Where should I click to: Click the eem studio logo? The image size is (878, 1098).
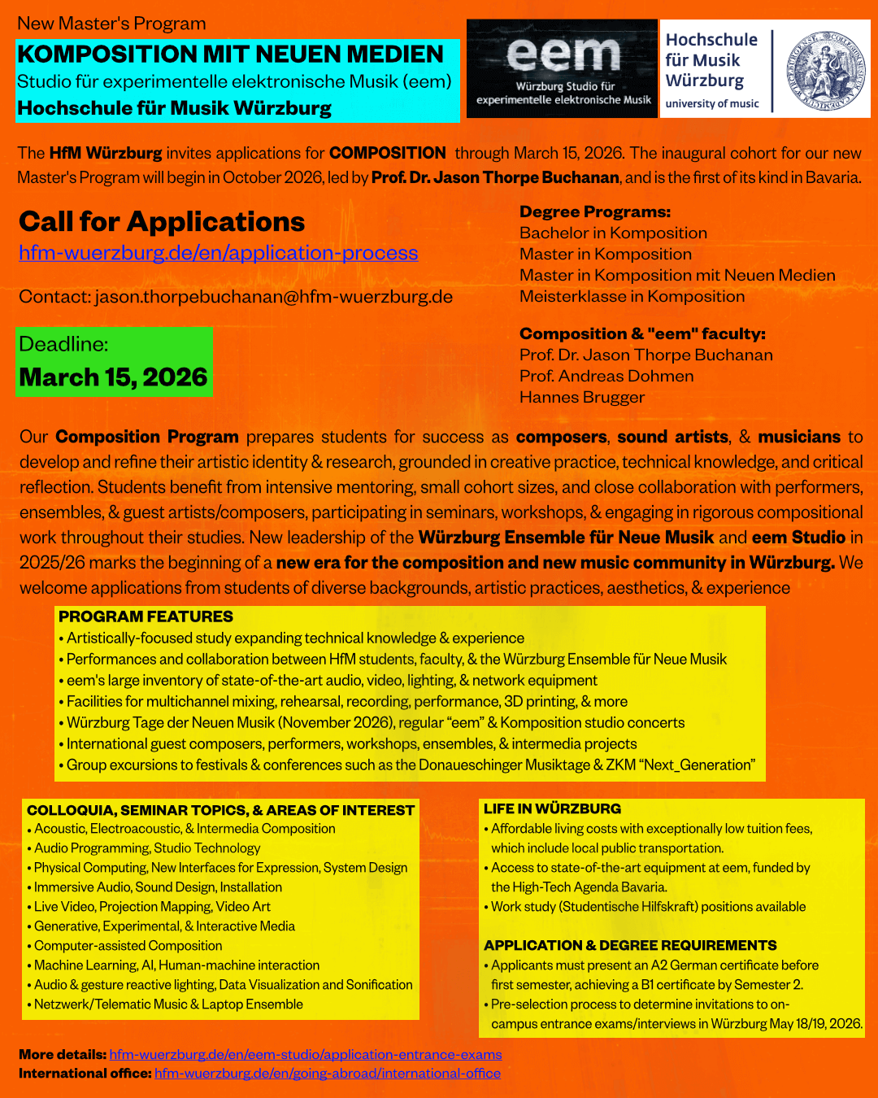[563, 69]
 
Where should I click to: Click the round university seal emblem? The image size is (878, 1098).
[823, 71]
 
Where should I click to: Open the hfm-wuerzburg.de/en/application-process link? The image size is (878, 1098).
[218, 253]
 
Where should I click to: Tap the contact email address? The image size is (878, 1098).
[273, 297]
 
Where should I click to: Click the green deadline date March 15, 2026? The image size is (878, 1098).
[114, 377]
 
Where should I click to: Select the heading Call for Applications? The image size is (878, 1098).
[162, 222]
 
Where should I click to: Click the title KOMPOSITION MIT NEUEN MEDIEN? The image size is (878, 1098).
[231, 54]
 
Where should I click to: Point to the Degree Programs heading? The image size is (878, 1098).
[595, 212]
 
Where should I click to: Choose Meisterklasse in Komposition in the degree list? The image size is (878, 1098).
[632, 297]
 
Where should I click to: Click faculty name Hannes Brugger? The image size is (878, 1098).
[582, 398]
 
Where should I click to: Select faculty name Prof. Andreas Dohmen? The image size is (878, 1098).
[606, 377]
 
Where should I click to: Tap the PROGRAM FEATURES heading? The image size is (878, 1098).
[146, 617]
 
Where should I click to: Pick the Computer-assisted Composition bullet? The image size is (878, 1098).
[128, 946]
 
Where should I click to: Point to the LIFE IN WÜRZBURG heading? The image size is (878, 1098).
[552, 808]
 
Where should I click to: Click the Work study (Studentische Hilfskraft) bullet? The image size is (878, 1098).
[648, 907]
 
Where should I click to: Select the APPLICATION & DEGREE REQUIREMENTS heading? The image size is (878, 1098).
[630, 945]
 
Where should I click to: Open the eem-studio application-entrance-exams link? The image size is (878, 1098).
[306, 1055]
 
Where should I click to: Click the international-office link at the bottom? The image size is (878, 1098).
[328, 1074]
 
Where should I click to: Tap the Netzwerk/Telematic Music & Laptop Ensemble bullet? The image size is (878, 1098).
[168, 1004]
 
